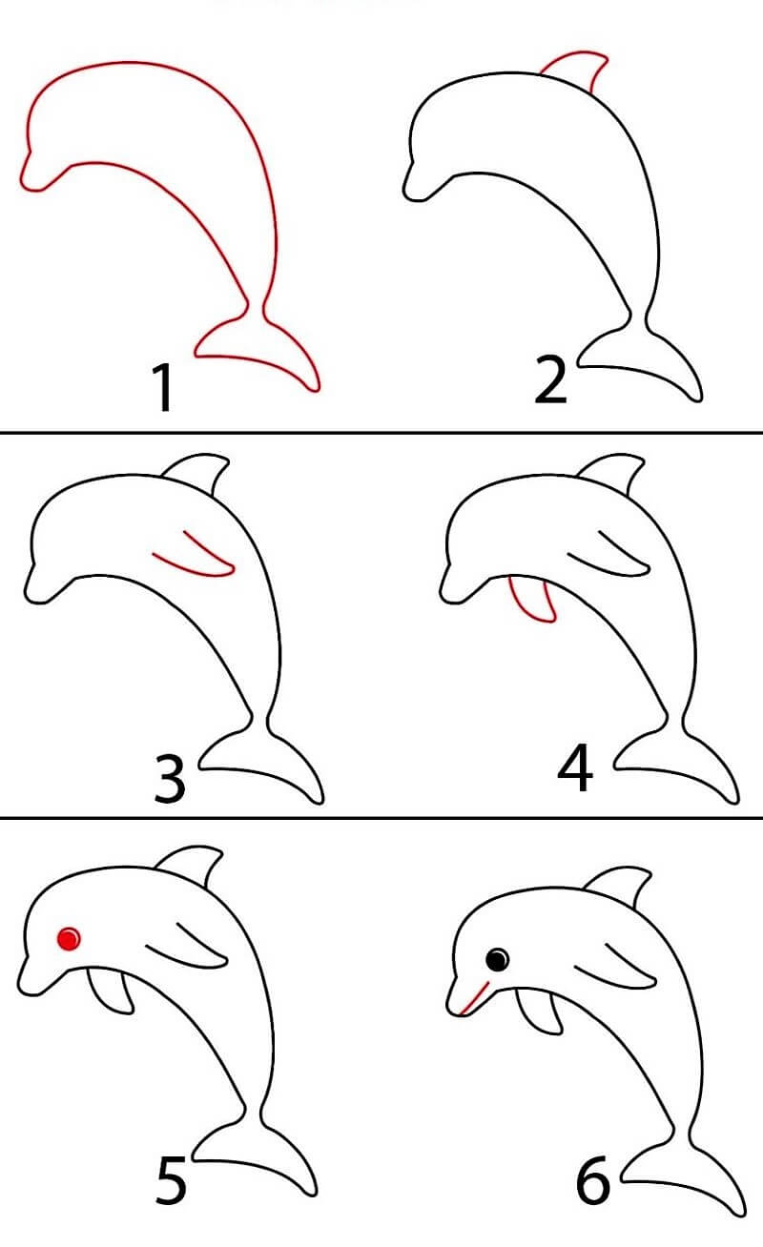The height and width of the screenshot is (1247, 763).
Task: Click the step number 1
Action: [x=164, y=387]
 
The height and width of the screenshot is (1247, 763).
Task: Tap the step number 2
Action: [x=550, y=381]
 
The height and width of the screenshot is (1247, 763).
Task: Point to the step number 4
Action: [x=574, y=769]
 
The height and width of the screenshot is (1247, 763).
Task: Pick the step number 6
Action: [x=592, y=1182]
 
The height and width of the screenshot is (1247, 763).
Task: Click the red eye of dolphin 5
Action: [x=68, y=939]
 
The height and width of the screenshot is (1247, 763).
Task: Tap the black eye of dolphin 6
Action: [x=497, y=958]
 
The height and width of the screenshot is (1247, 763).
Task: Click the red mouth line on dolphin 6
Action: [x=472, y=995]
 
